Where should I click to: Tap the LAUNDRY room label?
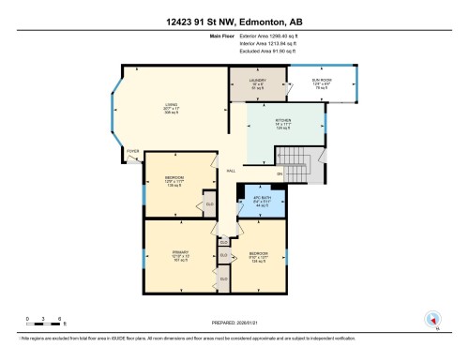click(x=258, y=82)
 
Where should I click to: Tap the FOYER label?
click(x=133, y=148)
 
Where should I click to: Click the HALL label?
click(x=230, y=170)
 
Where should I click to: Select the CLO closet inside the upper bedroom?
click(x=210, y=204)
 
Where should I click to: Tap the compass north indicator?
click(x=431, y=320)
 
